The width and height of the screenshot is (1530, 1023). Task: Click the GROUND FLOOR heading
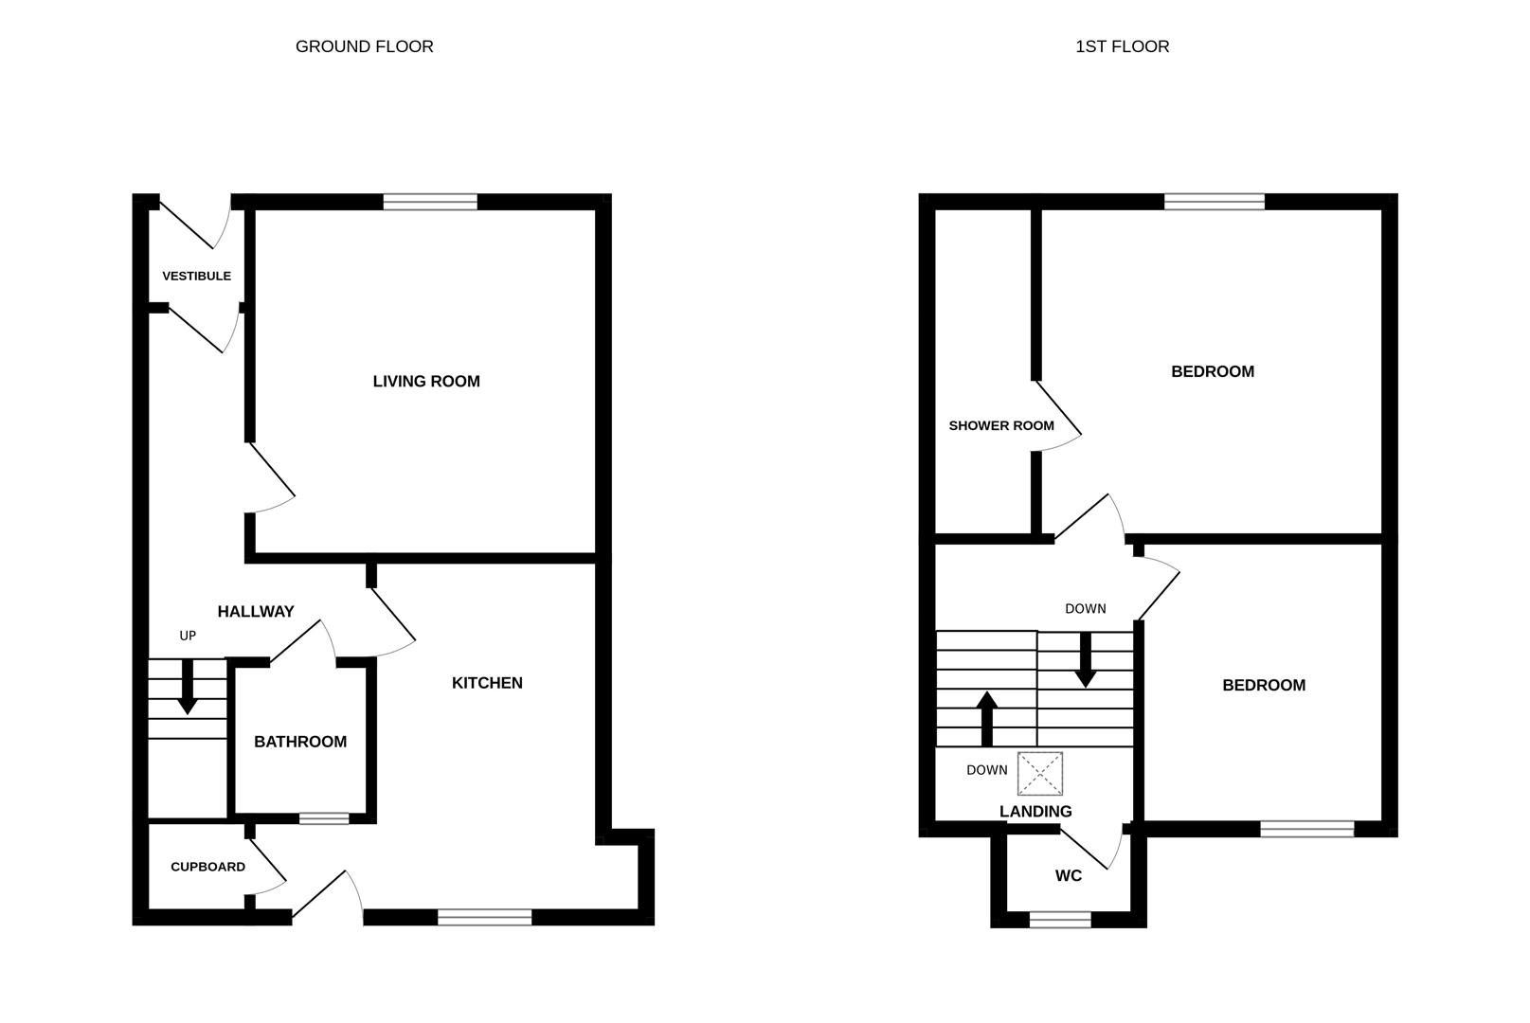click(x=364, y=46)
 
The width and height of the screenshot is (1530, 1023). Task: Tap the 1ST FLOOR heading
click(x=1123, y=46)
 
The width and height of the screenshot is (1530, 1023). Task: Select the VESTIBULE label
click(x=197, y=276)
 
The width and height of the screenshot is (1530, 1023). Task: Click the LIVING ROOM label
click(x=426, y=381)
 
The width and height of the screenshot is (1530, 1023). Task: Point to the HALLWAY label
click(x=256, y=611)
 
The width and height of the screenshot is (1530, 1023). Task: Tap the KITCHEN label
click(x=487, y=683)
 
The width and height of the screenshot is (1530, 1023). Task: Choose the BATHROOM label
click(x=300, y=742)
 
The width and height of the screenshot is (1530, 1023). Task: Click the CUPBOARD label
click(x=207, y=867)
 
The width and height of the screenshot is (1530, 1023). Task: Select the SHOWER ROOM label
click(x=1001, y=425)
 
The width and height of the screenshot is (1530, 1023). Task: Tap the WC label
click(x=1069, y=875)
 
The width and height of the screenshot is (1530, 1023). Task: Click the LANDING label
click(x=1035, y=812)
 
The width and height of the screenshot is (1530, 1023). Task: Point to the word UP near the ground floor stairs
click(x=188, y=636)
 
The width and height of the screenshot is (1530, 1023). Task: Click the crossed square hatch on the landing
click(x=1040, y=774)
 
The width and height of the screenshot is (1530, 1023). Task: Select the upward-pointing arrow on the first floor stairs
click(x=986, y=719)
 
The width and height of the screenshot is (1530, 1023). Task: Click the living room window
click(x=430, y=202)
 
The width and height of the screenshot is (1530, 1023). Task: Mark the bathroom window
click(x=324, y=818)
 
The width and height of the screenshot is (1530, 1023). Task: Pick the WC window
click(x=1060, y=920)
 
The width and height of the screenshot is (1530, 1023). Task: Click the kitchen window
click(x=484, y=917)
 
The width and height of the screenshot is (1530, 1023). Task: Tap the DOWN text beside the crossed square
click(x=987, y=770)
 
